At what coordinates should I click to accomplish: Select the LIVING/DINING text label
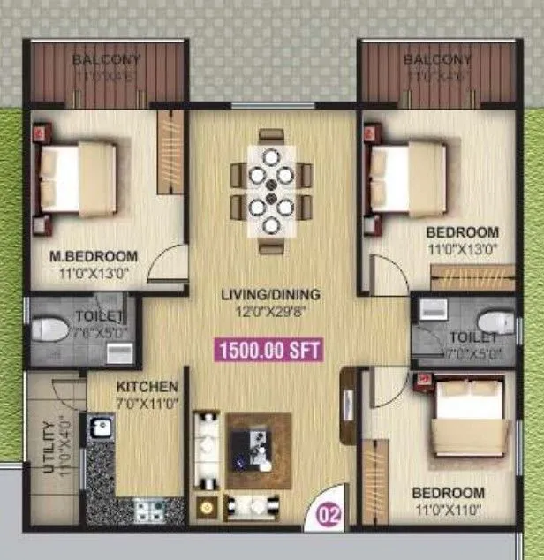click(271, 295)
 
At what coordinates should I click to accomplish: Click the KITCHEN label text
click(147, 387)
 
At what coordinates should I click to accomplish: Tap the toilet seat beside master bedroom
click(50, 329)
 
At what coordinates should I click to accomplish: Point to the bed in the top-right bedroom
click(406, 178)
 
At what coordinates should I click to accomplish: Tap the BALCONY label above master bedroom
click(105, 60)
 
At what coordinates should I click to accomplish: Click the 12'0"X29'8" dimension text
click(271, 311)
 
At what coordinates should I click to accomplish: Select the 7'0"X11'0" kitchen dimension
click(147, 403)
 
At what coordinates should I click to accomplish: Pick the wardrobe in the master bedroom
click(170, 151)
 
